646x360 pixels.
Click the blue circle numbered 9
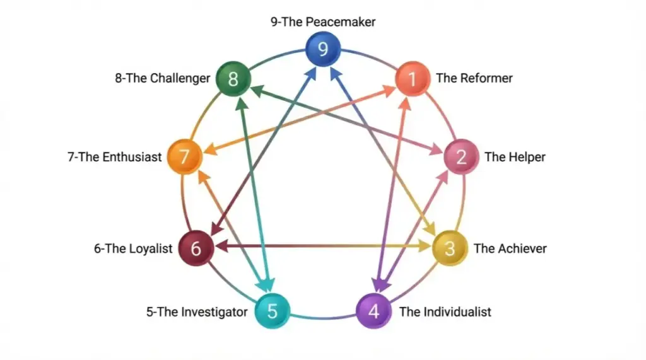pyautogui.click(x=323, y=49)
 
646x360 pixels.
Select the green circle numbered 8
pyautogui.click(x=233, y=79)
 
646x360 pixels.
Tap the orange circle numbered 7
pyautogui.click(x=184, y=156)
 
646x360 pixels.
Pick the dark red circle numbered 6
pyautogui.click(x=196, y=248)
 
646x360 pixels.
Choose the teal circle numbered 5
pyautogui.click(x=273, y=311)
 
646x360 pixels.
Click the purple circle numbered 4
pyautogui.click(x=373, y=311)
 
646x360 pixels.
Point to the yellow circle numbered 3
pyautogui.click(x=449, y=248)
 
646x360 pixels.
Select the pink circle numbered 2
pyautogui.click(x=462, y=156)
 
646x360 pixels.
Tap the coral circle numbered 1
pyautogui.click(x=413, y=79)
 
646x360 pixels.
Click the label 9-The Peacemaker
pyautogui.click(x=323, y=22)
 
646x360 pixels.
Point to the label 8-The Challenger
pyautogui.click(x=163, y=79)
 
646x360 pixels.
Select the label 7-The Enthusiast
pyautogui.click(x=115, y=157)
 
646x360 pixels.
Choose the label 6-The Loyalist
pyautogui.click(x=133, y=248)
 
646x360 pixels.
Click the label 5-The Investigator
pyautogui.click(x=197, y=311)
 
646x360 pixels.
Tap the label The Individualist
pyautogui.click(x=445, y=311)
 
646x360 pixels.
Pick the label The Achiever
pyautogui.click(x=510, y=248)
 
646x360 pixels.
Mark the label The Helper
pyautogui.click(x=515, y=157)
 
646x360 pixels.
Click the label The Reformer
pyautogui.click(x=474, y=79)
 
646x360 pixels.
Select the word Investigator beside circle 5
pyautogui.click(x=214, y=311)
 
